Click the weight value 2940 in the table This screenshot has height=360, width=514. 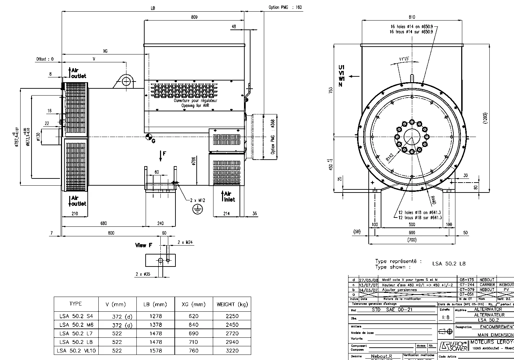pyautogui.click(x=232, y=342)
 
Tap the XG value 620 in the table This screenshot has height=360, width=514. pyautogui.click(x=194, y=316)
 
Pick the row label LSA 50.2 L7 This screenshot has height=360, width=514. pyautogui.click(x=76, y=333)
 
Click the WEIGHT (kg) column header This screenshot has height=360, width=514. pyautogui.click(x=232, y=304)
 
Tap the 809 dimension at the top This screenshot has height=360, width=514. pyautogui.click(x=194, y=17)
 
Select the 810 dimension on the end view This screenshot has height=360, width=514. pyautogui.click(x=412, y=17)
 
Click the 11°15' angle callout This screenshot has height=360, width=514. pyautogui.click(x=404, y=59)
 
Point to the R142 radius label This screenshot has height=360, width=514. pyautogui.click(x=390, y=157)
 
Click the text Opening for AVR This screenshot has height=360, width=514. pyautogui.click(x=195, y=106)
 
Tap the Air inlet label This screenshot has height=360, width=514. pyautogui.click(x=229, y=197)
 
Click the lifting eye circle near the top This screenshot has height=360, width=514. pyautogui.click(x=127, y=81)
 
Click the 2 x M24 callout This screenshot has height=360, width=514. pyautogui.click(x=185, y=242)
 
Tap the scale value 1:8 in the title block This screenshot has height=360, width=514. pyautogui.click(x=446, y=318)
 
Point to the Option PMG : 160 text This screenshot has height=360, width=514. pyautogui.click(x=285, y=7)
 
